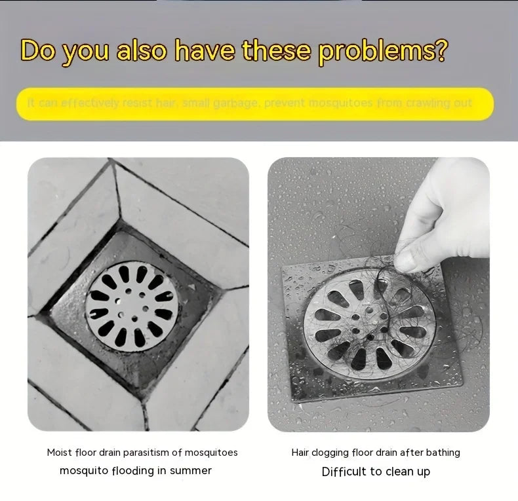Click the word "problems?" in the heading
click(384, 51)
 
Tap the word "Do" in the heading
click(37, 50)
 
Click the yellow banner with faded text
click(254, 104)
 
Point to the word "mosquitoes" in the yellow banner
click(341, 103)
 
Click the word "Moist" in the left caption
click(59, 453)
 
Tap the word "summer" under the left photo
click(190, 470)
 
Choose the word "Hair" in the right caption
click(300, 453)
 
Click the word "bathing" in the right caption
click(443, 453)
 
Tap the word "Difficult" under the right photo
click(344, 472)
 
